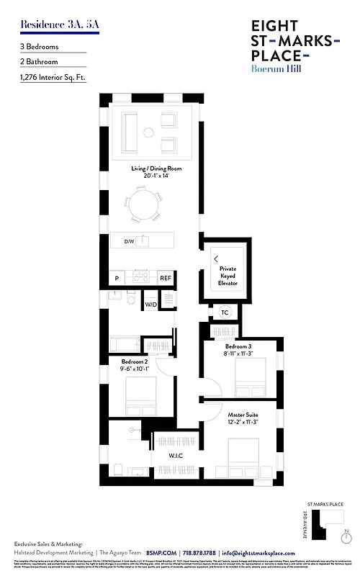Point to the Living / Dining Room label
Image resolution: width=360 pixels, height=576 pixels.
click(156, 171)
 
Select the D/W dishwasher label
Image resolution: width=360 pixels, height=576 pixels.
click(130, 241)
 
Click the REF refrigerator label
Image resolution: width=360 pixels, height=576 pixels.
click(166, 278)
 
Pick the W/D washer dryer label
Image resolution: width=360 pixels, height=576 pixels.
click(151, 305)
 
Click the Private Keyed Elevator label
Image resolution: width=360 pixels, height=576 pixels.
click(228, 276)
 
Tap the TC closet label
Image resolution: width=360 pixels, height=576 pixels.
click(224, 312)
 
